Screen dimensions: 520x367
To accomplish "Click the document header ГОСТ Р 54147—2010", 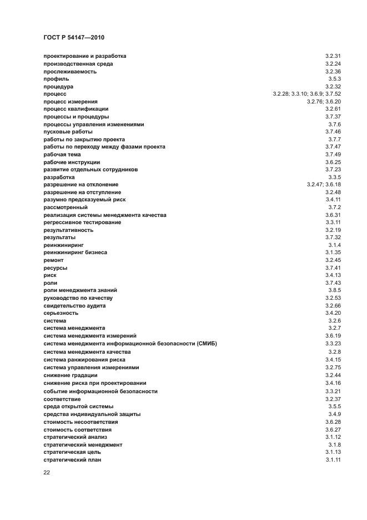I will (74, 37).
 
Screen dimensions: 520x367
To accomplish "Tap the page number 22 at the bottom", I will (47, 473).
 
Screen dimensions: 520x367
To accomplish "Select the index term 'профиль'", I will (56, 79).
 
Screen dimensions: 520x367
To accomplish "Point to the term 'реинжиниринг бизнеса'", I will (75, 252).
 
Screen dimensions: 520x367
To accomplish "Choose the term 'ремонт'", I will (53, 260).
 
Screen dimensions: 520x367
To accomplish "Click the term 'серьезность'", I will (61, 313).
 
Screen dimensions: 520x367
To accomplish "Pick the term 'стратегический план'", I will (72, 460).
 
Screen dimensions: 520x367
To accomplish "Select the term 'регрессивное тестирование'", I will (82, 222).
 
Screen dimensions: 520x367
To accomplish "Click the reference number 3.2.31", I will (333, 56).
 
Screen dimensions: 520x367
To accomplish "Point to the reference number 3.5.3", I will (334, 79).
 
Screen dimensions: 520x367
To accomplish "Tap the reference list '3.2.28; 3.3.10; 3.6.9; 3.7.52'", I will (306, 94).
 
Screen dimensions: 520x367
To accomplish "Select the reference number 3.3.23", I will (333, 344).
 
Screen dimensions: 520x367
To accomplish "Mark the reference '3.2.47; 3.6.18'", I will (324, 185).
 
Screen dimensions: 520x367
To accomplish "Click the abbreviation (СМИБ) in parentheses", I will (206, 344).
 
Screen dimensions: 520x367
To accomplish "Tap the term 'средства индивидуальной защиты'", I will (92, 414).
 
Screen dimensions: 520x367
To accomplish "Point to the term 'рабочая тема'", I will (62, 154).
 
